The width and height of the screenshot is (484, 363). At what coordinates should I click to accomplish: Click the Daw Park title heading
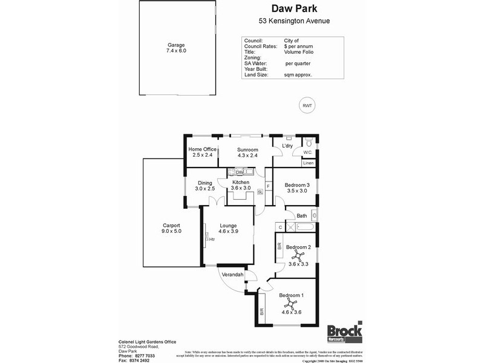(295, 9)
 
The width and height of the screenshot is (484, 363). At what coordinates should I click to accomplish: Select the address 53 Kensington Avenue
(295, 21)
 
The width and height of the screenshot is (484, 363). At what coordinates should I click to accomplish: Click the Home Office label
(202, 149)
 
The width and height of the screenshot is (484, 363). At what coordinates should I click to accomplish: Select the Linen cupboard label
(308, 163)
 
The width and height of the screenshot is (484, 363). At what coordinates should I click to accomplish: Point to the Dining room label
(204, 183)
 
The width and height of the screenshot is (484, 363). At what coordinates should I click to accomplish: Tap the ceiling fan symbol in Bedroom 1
(292, 304)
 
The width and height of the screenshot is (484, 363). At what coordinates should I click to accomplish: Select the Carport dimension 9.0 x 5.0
(171, 231)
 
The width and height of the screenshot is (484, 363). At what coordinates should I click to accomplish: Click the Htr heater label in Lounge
(212, 239)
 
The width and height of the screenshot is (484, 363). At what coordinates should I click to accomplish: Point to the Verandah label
(232, 275)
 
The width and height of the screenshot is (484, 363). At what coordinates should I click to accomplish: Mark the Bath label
(301, 216)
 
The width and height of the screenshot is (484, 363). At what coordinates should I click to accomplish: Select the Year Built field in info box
(257, 69)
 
